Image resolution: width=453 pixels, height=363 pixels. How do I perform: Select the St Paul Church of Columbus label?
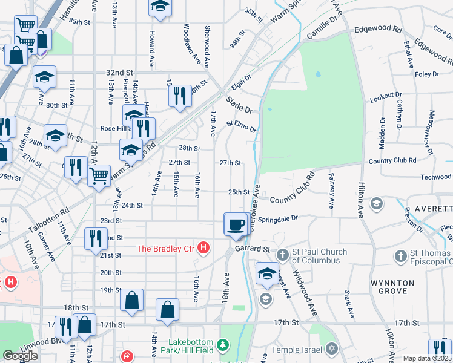point(319,257)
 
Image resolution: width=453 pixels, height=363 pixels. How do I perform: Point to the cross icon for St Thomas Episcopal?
point(400,257)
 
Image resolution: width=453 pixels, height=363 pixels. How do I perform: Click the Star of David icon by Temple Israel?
point(331,349)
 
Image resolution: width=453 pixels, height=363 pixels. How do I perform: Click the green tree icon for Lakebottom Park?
point(224,345)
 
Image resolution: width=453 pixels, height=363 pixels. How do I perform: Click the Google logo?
point(20,356)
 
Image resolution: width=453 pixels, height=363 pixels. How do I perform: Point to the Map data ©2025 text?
point(427,358)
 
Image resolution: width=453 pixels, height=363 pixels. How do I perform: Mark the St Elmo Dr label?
point(242,126)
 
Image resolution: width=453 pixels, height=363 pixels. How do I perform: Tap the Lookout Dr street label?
point(386,96)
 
